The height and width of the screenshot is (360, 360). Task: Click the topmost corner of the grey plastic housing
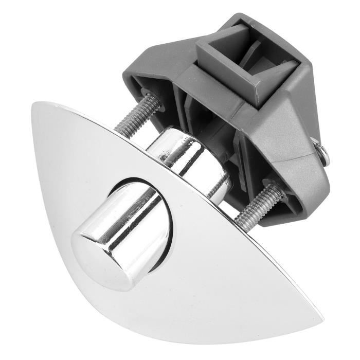click(x=242, y=15)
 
